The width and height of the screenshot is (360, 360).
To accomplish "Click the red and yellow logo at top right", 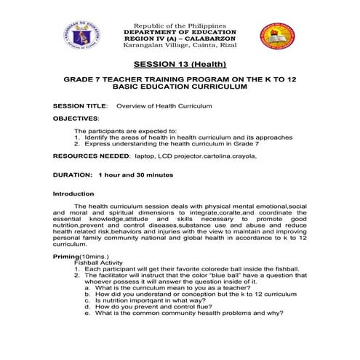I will coord(278,41).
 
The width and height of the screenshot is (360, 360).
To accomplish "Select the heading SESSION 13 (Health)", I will coord(180,65).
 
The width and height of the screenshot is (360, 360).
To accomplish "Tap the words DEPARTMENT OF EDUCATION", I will coord(180,33).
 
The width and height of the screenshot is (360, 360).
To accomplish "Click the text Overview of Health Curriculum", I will coord(164,106).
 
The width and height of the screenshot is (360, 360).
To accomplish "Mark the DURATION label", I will coord(72,175).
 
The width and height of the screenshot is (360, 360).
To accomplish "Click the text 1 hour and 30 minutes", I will coord(135,175).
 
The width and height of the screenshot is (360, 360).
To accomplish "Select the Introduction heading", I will coord(73,194).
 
